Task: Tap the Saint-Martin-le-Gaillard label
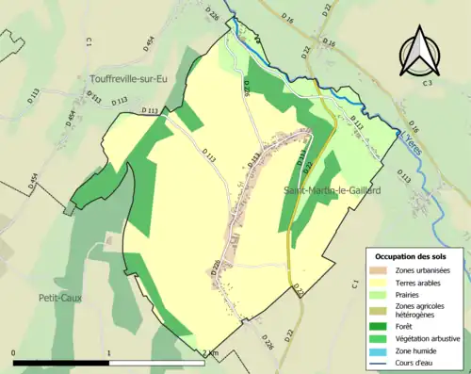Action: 332,190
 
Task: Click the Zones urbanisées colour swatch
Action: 378,271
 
